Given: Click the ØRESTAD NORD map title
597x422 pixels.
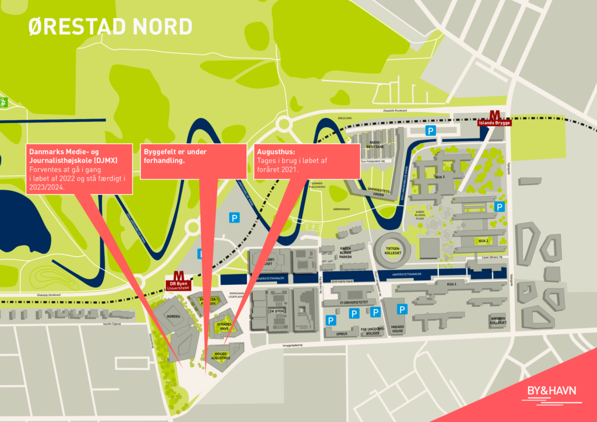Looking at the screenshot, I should [x=110, y=26].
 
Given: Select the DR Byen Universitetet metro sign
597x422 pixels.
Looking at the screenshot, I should [x=179, y=281].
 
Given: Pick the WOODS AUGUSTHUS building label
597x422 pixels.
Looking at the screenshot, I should [x=221, y=355].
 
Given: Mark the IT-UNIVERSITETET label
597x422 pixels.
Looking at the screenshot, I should [x=353, y=302].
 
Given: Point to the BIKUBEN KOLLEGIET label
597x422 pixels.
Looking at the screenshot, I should [x=497, y=320].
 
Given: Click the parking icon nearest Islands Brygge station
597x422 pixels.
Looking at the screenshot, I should [x=430, y=131].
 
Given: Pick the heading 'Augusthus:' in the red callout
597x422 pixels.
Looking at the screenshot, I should [x=276, y=152].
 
